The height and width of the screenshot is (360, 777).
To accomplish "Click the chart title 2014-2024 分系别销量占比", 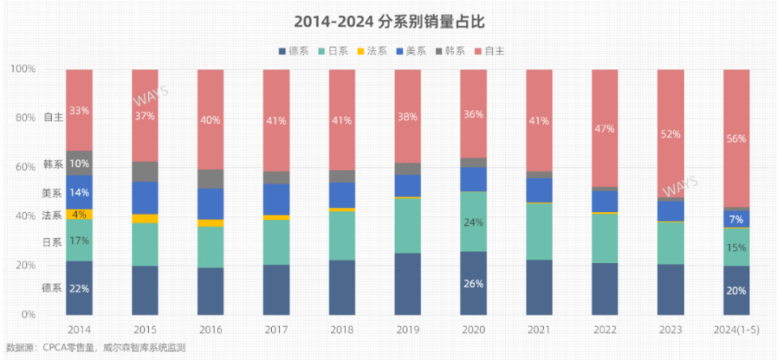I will tap(388, 19).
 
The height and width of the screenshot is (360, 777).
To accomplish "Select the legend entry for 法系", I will tap(371, 51).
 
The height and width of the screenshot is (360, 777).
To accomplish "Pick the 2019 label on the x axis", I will tap(408, 330).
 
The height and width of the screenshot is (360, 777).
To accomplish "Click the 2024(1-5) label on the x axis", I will tap(736, 330).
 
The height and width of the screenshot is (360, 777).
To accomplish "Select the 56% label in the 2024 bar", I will tap(736, 138).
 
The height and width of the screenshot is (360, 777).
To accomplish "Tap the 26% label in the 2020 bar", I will tap(473, 284).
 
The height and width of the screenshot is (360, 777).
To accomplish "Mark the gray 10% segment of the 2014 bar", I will tap(79, 163).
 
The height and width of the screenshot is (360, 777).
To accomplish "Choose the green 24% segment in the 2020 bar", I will tap(473, 222).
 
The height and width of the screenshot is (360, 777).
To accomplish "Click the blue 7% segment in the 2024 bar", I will tap(736, 219).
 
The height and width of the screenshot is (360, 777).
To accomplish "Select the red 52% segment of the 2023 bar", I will tap(670, 133).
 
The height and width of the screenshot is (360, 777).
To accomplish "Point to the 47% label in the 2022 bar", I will tap(605, 129).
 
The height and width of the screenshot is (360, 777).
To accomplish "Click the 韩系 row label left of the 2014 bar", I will tap(53, 164).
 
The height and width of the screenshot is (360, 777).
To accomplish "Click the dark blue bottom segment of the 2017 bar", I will tap(277, 290).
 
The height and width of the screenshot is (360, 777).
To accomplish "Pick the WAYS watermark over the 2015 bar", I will tap(151, 95).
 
